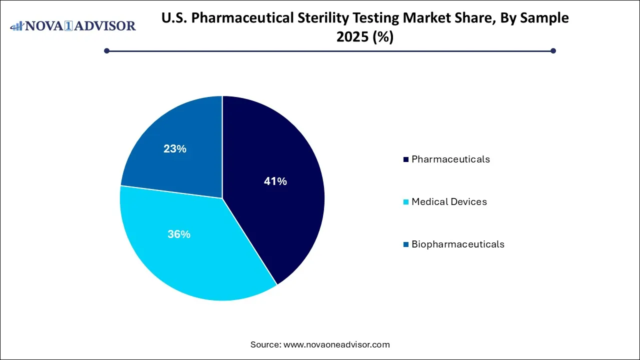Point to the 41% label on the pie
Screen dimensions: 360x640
pos(275,181)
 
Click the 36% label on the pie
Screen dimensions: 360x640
pos(179,234)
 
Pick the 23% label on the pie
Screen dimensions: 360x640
pos(175,148)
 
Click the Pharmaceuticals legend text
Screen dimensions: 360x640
pos(450,159)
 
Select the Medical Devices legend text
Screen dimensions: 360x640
pos(449,202)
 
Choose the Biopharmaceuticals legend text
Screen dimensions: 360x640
pos(457,244)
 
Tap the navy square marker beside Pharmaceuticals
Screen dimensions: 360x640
pos(406,160)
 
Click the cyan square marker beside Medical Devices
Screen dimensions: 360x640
pos(406,202)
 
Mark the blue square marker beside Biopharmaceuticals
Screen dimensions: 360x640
pos(406,245)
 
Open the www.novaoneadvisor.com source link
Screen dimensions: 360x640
pos(336,344)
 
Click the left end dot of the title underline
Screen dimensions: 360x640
pos(106,50)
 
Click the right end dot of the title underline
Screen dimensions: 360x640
pos(553,50)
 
